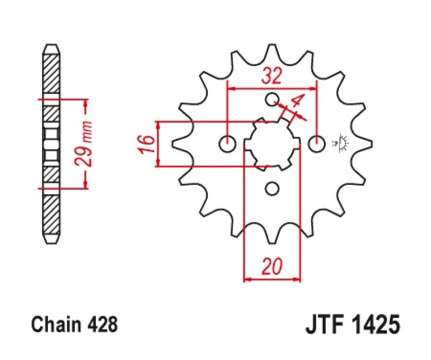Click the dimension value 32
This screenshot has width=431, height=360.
point(272,76)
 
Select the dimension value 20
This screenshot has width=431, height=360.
point(272,266)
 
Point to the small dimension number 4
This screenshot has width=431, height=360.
point(297,101)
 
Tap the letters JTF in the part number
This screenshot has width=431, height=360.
point(325,324)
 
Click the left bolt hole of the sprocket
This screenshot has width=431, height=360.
point(227,143)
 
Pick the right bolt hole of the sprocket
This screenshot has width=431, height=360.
point(317,143)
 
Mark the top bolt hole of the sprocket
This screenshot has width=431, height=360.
point(272,99)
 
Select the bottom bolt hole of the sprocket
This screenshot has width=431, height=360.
point(272,189)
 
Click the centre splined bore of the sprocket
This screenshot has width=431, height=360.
point(272,144)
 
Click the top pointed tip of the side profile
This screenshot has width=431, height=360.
point(51,46)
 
